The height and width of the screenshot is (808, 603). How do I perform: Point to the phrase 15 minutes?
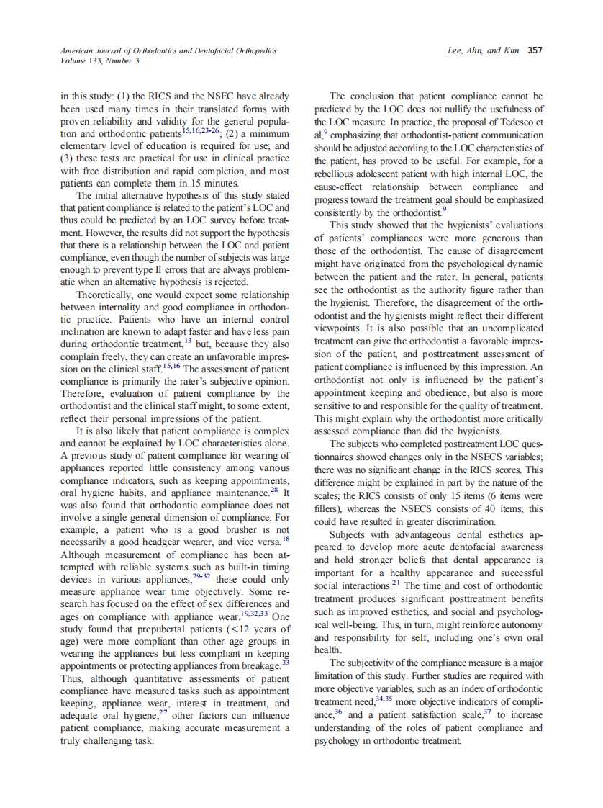217,183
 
